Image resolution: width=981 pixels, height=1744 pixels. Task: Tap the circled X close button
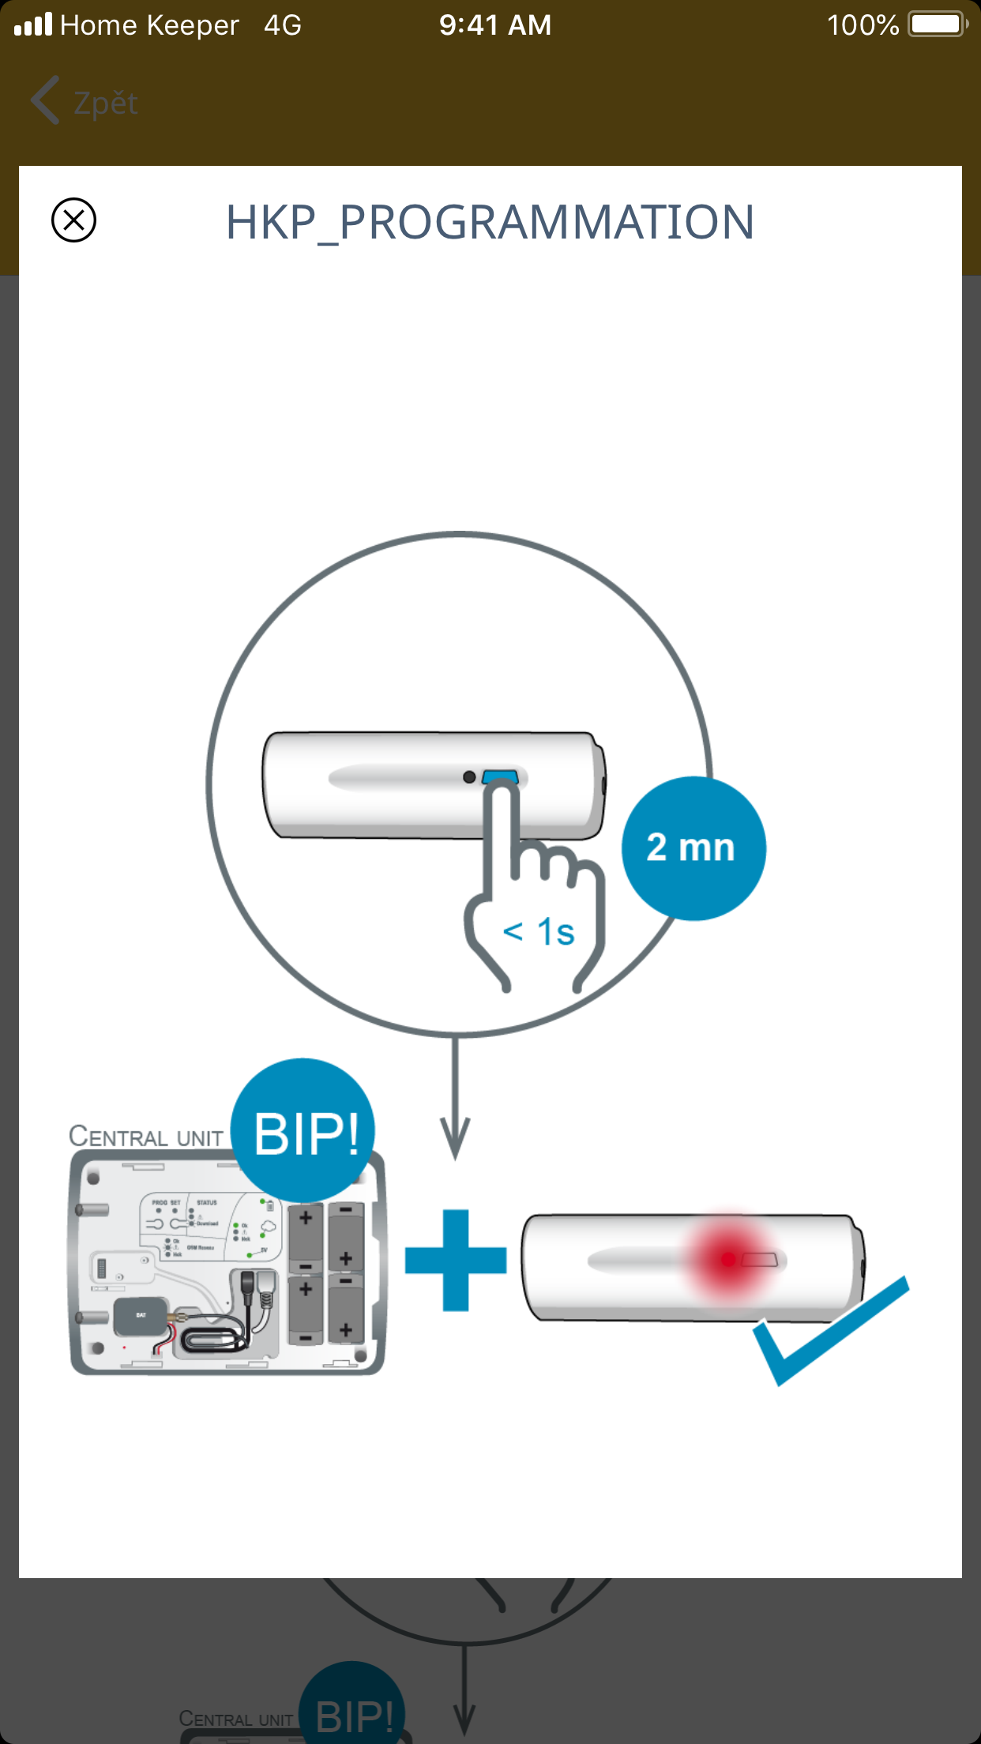coord(73,220)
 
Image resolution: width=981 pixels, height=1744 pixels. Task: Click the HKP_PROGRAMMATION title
coord(490,222)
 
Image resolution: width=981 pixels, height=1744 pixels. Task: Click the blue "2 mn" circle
coord(693,848)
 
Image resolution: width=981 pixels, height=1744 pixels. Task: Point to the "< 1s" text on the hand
coord(539,932)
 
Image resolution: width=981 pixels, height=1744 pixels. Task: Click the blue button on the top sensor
coord(500,777)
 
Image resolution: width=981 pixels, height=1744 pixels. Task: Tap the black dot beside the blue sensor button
coord(469,777)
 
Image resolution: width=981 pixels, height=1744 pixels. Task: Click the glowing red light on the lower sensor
coord(728,1259)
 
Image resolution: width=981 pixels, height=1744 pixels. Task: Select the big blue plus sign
coord(456,1260)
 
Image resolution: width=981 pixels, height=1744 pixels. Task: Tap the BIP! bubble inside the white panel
coord(303,1131)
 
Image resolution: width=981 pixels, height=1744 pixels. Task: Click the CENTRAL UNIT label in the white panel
coord(146,1137)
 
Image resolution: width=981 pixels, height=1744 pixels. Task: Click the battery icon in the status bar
coord(938,24)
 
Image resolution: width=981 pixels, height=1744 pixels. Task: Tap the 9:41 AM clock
coord(495,25)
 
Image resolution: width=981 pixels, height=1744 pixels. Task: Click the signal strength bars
coord(33,24)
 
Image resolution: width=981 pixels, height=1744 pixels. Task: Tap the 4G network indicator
coord(283,25)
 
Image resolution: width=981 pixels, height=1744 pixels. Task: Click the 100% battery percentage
coord(863,25)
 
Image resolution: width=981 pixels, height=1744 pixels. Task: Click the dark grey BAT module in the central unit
coord(140,1316)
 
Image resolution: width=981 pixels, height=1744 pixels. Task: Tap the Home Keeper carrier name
coord(149,25)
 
